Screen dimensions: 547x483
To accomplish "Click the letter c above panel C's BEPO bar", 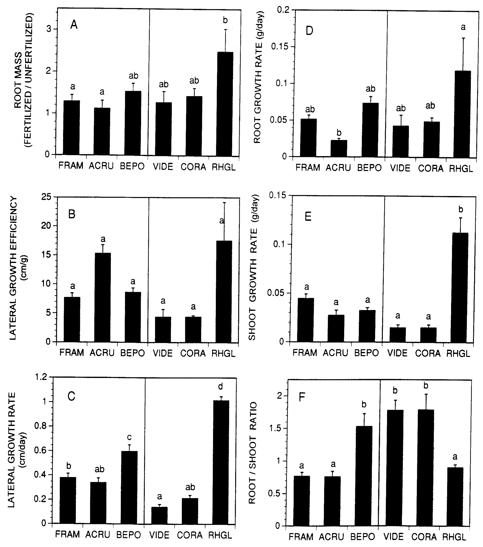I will click(x=129, y=437).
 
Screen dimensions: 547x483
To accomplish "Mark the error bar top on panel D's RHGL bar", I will click(x=463, y=38).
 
